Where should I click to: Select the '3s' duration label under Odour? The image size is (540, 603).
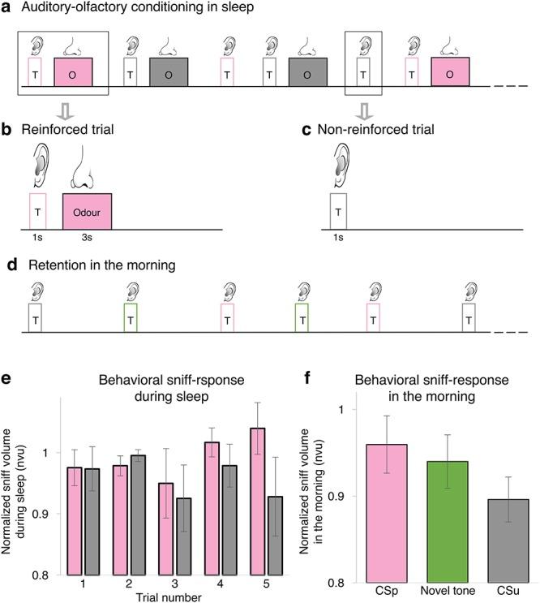pos(86,239)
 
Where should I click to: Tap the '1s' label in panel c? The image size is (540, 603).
pos(338,239)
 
